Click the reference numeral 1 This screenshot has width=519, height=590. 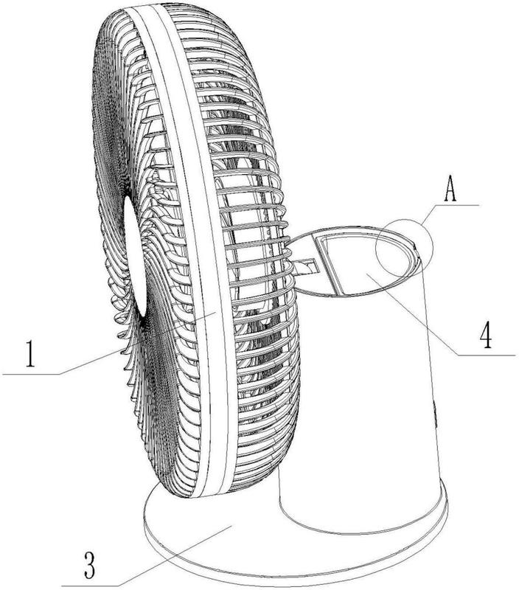[x=30, y=353]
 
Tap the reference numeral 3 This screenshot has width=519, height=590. [x=89, y=565]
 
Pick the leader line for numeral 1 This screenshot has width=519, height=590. [x=137, y=343]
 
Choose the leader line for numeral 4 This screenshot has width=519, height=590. [x=413, y=314]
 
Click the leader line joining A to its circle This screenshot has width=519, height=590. [x=429, y=215]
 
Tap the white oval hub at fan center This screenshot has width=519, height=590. [x=135, y=257]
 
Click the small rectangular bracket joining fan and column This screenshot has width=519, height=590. [x=307, y=266]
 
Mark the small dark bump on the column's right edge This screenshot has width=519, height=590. [x=436, y=414]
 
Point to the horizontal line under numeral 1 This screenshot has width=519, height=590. [x=31, y=374]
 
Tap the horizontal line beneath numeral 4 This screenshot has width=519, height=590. [x=486, y=355]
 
